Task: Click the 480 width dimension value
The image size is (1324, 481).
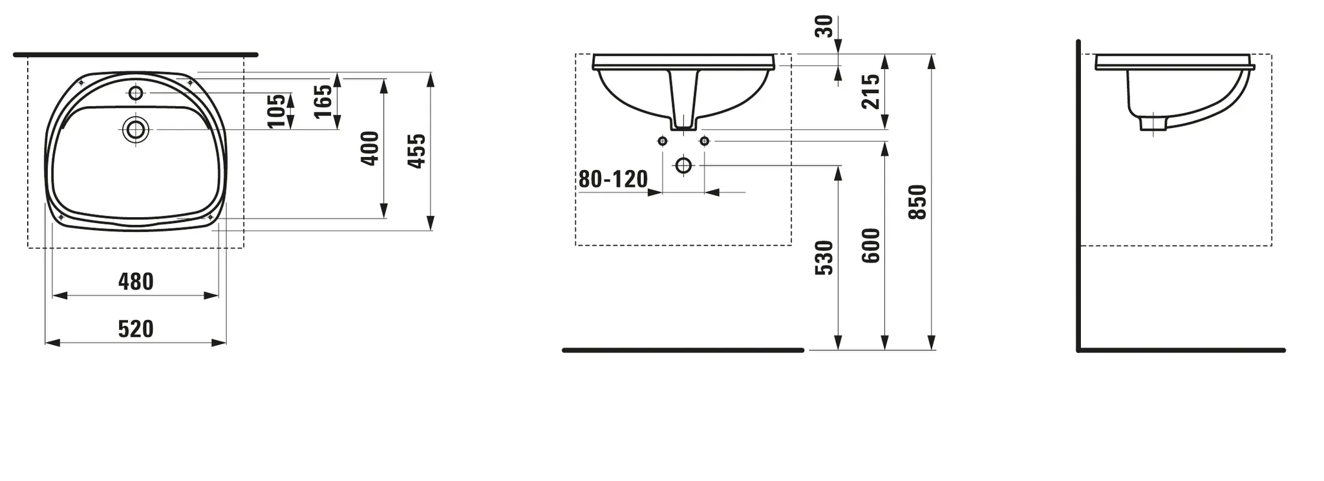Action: (136, 282)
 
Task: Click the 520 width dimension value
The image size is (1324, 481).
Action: (136, 329)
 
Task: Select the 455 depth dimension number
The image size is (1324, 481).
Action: (418, 151)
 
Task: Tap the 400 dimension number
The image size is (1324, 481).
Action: (370, 148)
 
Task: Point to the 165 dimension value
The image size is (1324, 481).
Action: (323, 102)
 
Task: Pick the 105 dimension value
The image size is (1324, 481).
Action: (276, 111)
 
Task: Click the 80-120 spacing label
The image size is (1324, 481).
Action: (612, 179)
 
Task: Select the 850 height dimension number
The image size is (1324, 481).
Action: (917, 202)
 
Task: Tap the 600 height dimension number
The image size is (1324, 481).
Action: (871, 245)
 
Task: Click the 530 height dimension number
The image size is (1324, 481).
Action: (824, 257)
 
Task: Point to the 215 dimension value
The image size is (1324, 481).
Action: (871, 91)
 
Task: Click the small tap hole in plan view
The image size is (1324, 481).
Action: (135, 93)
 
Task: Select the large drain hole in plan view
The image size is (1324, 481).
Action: (136, 130)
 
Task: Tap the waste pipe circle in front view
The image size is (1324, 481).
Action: (683, 166)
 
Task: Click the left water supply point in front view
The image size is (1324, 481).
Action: (662, 141)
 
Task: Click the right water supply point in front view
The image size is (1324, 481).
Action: (705, 141)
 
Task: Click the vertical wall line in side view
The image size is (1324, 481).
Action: (1078, 194)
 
